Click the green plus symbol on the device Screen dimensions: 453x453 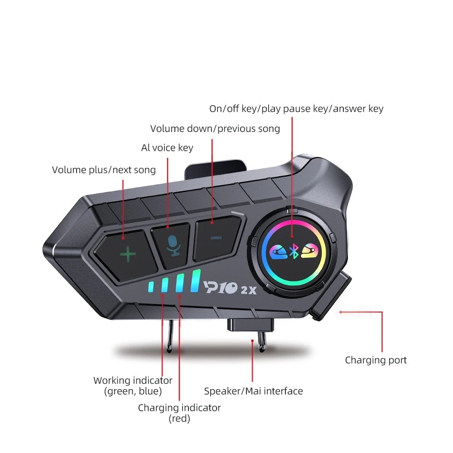point(128,254)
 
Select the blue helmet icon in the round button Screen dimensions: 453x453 point(278,252)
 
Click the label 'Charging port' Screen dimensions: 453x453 point(376,360)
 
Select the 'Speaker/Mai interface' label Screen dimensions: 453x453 point(253,391)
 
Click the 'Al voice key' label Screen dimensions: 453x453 point(167,148)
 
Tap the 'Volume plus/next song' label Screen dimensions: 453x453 point(104,170)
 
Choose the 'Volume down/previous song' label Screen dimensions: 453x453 point(215,129)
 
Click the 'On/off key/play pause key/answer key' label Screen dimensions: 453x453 point(296,109)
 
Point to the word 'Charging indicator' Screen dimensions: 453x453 point(179,408)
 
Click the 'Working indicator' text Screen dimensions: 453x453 point(133,381)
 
